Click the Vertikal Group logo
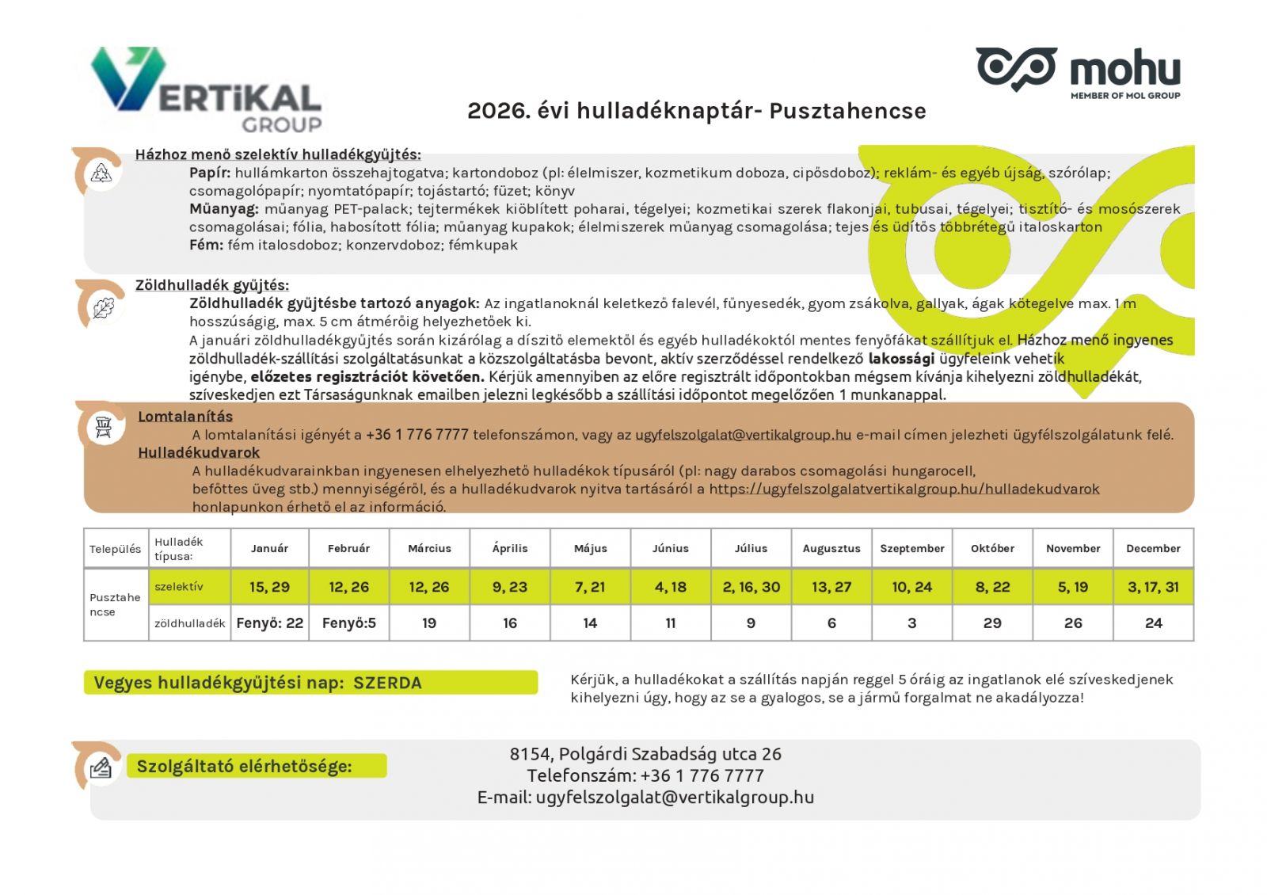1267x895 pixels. (207, 89)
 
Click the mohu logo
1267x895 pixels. (1078, 72)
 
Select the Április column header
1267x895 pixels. (509, 548)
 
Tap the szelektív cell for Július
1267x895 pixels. (751, 587)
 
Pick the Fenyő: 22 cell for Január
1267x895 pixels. (269, 623)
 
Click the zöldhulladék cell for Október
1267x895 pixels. (992, 623)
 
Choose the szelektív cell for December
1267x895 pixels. (1153, 587)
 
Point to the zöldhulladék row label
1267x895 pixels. (190, 623)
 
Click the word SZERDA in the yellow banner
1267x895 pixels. (387, 683)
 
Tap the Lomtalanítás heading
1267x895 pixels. (185, 417)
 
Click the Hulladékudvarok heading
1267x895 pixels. (199, 453)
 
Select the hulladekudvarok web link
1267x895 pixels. (904, 489)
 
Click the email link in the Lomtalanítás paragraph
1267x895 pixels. (743, 435)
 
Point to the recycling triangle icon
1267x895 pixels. (101, 173)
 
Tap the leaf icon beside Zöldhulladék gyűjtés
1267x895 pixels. (103, 307)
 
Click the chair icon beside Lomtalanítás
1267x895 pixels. (104, 427)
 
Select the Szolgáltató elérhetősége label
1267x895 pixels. (244, 767)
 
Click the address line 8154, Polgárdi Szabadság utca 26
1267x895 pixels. (645, 754)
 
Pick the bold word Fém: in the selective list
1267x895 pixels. (206, 246)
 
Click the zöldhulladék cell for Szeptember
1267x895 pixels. (911, 623)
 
